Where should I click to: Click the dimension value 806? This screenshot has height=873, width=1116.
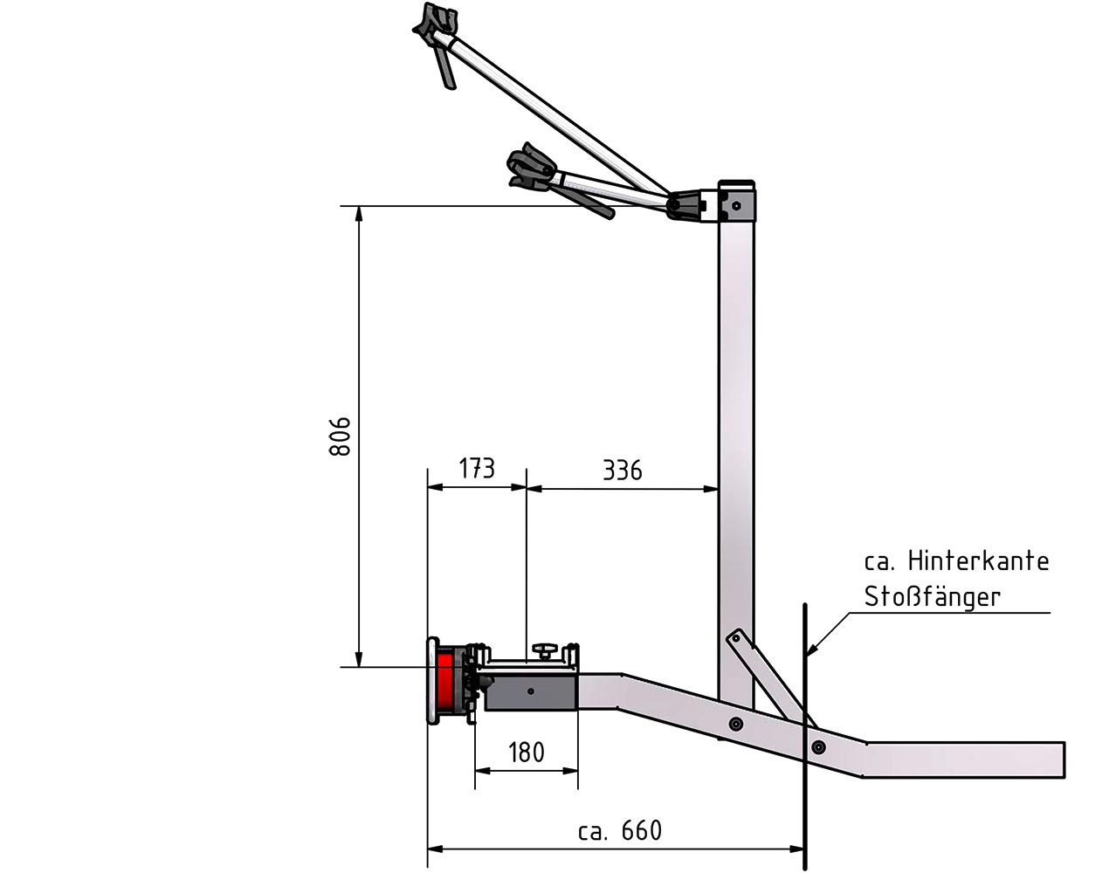pos(340,436)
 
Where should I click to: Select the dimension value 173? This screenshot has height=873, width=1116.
pos(477,468)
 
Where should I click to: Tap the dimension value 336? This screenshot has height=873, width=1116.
pos(622,471)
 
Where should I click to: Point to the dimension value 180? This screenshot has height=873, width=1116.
pos(527,753)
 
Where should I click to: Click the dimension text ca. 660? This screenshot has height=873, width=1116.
pos(620,831)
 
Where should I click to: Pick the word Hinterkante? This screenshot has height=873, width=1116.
pos(978,561)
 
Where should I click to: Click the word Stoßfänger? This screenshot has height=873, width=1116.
pos(932,597)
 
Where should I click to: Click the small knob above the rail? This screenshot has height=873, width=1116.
pos(544,650)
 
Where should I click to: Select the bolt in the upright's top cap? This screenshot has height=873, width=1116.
pos(736,206)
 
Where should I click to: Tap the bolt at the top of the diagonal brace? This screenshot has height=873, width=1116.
pos(736,638)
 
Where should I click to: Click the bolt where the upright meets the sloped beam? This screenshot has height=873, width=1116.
pos(736,723)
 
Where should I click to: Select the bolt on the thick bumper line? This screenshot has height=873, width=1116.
pos(818,746)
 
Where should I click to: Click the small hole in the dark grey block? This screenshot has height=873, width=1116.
pos(531,691)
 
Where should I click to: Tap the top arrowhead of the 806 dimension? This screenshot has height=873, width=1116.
pos(359,213)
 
